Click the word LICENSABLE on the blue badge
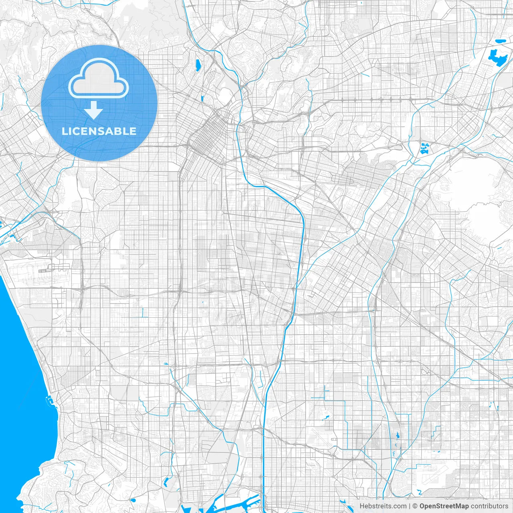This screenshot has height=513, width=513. pyautogui.click(x=99, y=131)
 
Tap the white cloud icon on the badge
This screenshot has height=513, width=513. pyautogui.click(x=99, y=79)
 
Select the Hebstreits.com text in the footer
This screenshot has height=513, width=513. pyautogui.click(x=383, y=506)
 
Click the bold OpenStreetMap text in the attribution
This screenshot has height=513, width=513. pyautogui.click(x=444, y=506)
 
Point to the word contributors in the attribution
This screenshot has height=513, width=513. pyautogui.click(x=489, y=506)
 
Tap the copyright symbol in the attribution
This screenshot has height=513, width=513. pyautogui.click(x=415, y=506)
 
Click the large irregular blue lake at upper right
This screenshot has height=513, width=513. pyautogui.click(x=497, y=58)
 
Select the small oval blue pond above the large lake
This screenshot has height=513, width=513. pyautogui.click(x=501, y=41)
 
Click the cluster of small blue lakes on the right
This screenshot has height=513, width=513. pyautogui.click(x=424, y=149)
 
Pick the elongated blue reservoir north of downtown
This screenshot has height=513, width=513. pyautogui.click(x=198, y=65)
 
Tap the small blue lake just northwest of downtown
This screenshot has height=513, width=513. pyautogui.click(x=202, y=98)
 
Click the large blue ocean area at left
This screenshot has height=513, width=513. pyautogui.click(x=20, y=381)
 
